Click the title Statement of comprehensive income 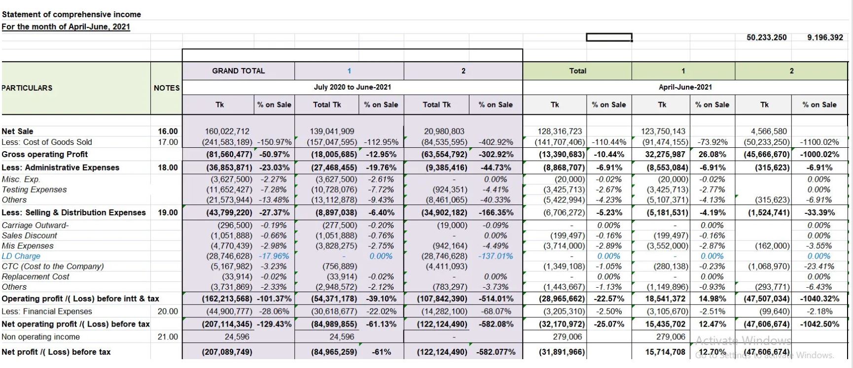71,14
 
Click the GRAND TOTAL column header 238,71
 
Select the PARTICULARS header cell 27,88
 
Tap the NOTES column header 167,88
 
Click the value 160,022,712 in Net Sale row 227,131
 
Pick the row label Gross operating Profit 44,154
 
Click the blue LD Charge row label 21,256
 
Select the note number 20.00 168,311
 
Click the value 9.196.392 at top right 825,37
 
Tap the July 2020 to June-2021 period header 352,87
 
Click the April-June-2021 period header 685,87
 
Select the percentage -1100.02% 819,142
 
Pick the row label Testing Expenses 34,190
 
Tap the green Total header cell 577,71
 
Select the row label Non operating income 40,337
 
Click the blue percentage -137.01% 496,256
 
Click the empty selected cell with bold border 609,37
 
